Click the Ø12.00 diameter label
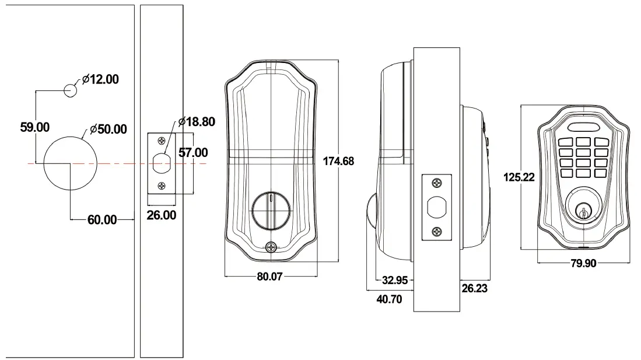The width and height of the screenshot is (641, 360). tap(100, 79)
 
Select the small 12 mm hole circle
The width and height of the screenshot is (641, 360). tap(70, 90)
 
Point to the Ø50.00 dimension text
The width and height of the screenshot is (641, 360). tap(108, 129)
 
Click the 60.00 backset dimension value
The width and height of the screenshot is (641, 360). tap(101, 220)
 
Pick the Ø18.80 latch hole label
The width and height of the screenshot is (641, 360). tap(197, 122)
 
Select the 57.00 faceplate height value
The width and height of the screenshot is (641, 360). tap(193, 153)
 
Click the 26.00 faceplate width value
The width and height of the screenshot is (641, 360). tap(161, 215)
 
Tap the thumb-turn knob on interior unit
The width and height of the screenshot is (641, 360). tap(271, 211)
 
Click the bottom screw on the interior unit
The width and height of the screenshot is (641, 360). tap(271, 247)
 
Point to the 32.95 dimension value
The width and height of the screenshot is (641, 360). tap(394, 280)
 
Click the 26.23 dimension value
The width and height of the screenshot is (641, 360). tap(474, 288)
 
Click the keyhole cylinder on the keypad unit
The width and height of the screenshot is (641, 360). tap(584, 211)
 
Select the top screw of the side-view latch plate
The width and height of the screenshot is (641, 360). tap(436, 184)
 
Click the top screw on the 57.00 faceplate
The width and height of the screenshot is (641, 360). tap(162, 141)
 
